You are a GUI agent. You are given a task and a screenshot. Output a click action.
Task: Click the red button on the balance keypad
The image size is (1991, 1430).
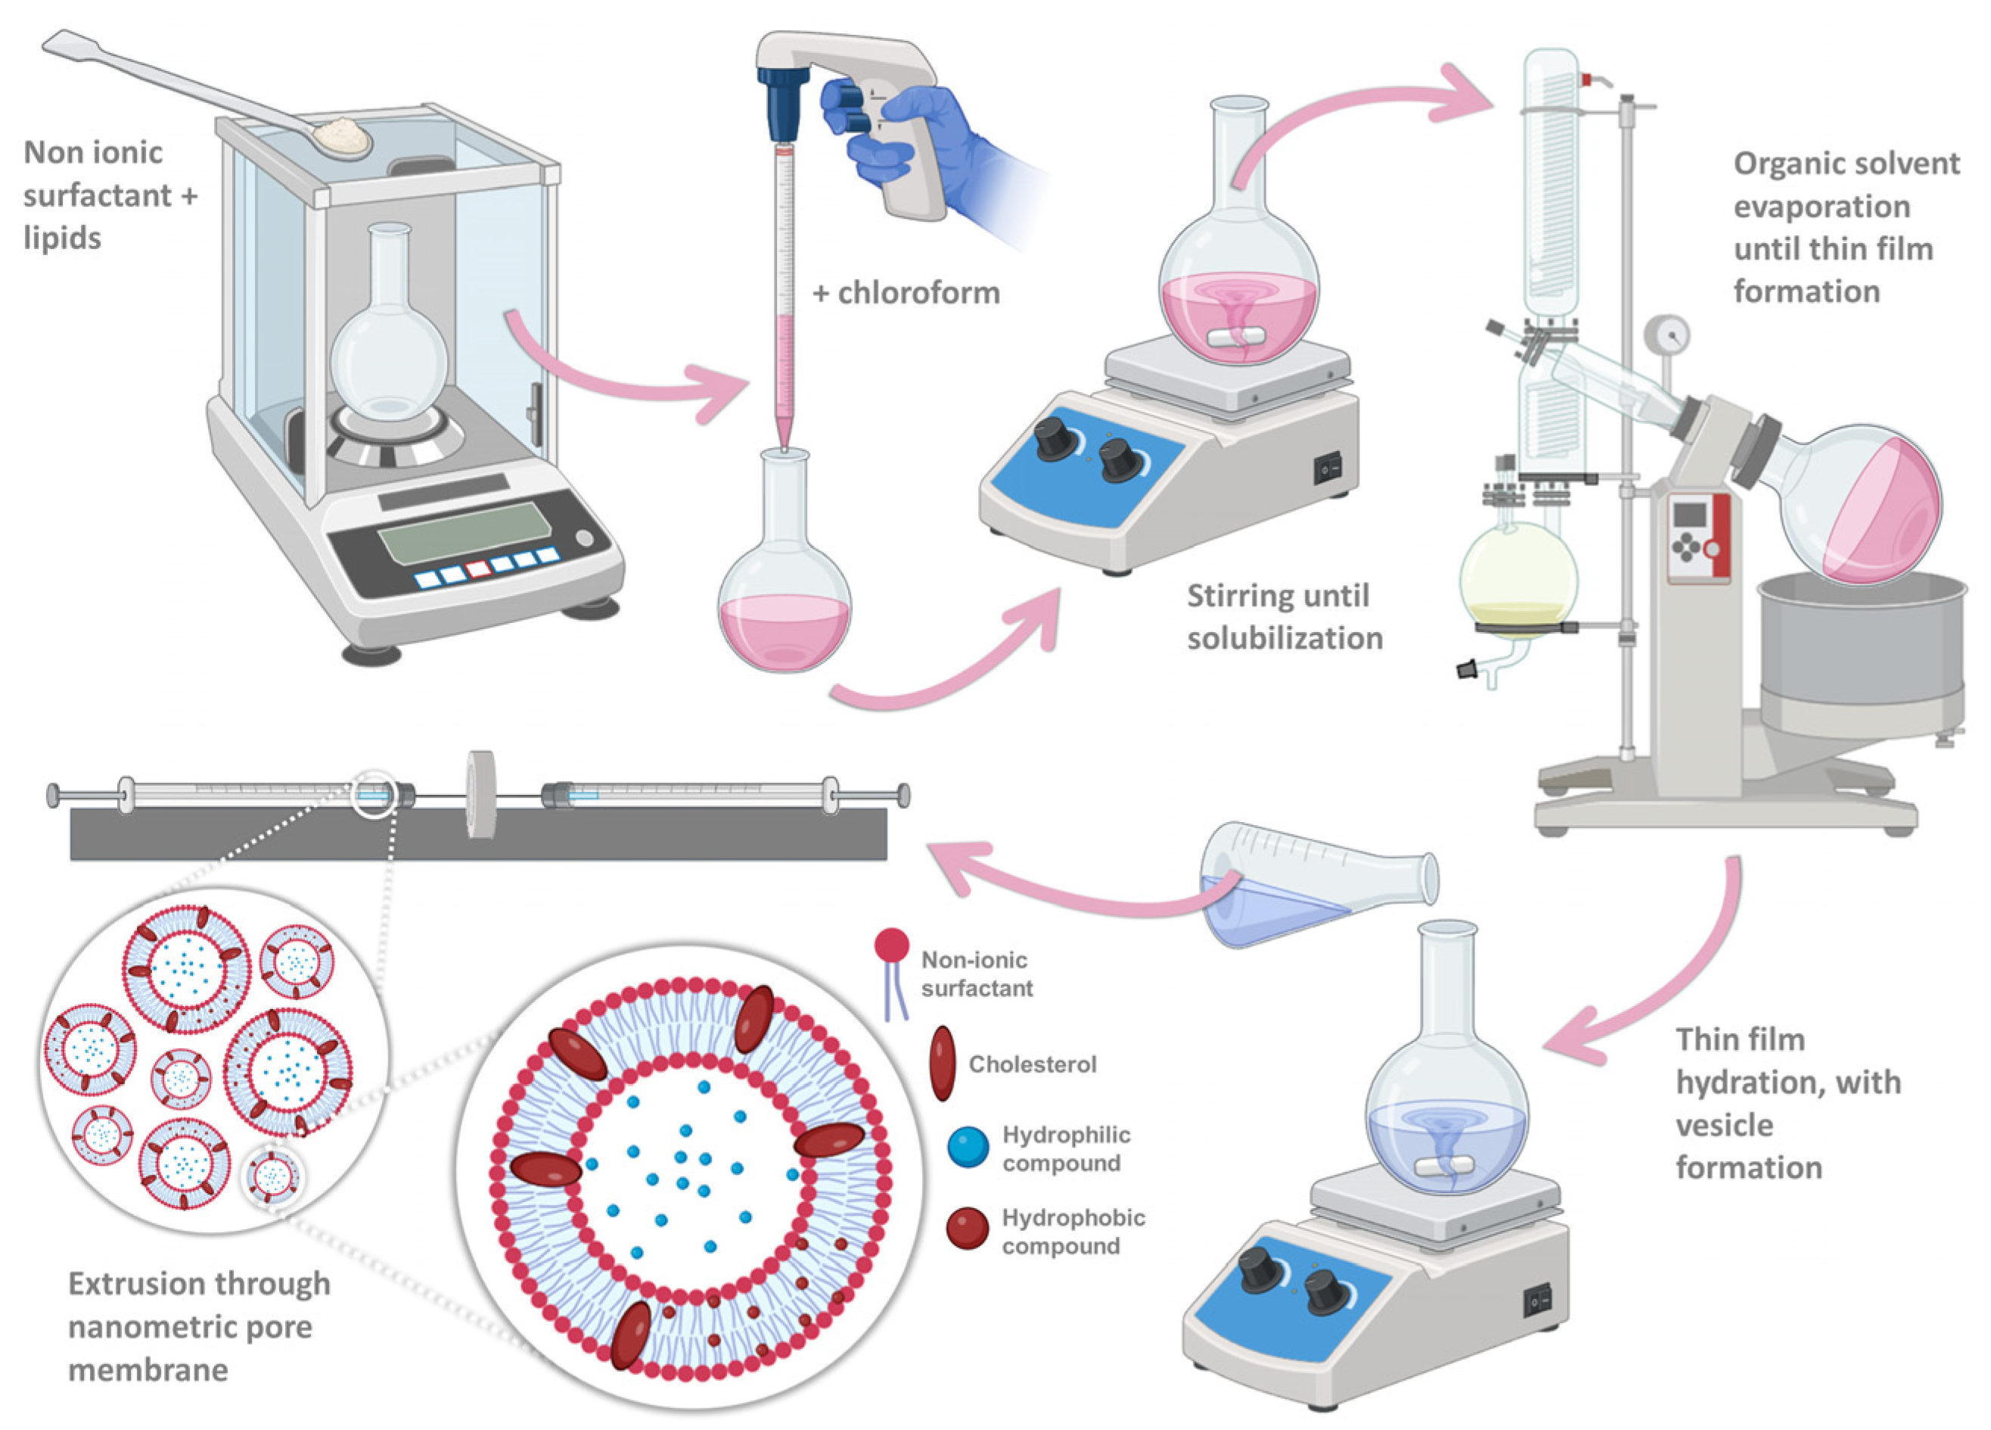pyautogui.click(x=477, y=569)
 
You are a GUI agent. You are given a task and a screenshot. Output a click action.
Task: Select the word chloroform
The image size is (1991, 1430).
pyautogui.click(x=918, y=292)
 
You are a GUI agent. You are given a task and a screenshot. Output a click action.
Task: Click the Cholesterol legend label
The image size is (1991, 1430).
pyautogui.click(x=1033, y=1064)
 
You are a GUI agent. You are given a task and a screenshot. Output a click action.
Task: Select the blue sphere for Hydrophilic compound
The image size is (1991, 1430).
pyautogui.click(x=968, y=1147)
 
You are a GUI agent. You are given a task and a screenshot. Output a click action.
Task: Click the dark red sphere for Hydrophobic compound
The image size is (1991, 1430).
pyautogui.click(x=968, y=1229)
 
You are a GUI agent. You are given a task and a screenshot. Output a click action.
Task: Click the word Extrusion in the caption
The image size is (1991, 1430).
pyautogui.click(x=144, y=1284)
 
